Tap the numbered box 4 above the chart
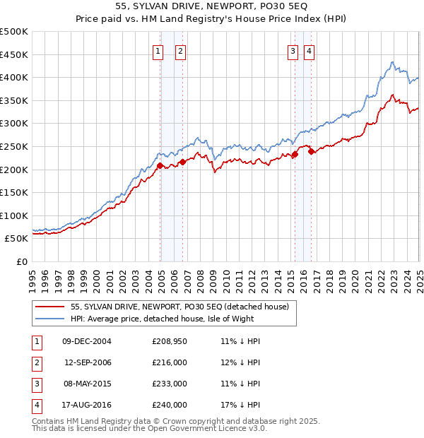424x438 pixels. (x=310, y=51)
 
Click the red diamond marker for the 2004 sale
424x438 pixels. (x=160, y=165)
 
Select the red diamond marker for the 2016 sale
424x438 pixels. (x=312, y=150)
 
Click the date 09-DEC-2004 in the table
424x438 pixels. (x=87, y=341)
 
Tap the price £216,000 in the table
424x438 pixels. (x=170, y=362)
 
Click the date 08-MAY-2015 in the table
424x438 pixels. (x=87, y=384)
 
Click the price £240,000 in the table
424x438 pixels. (x=170, y=405)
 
